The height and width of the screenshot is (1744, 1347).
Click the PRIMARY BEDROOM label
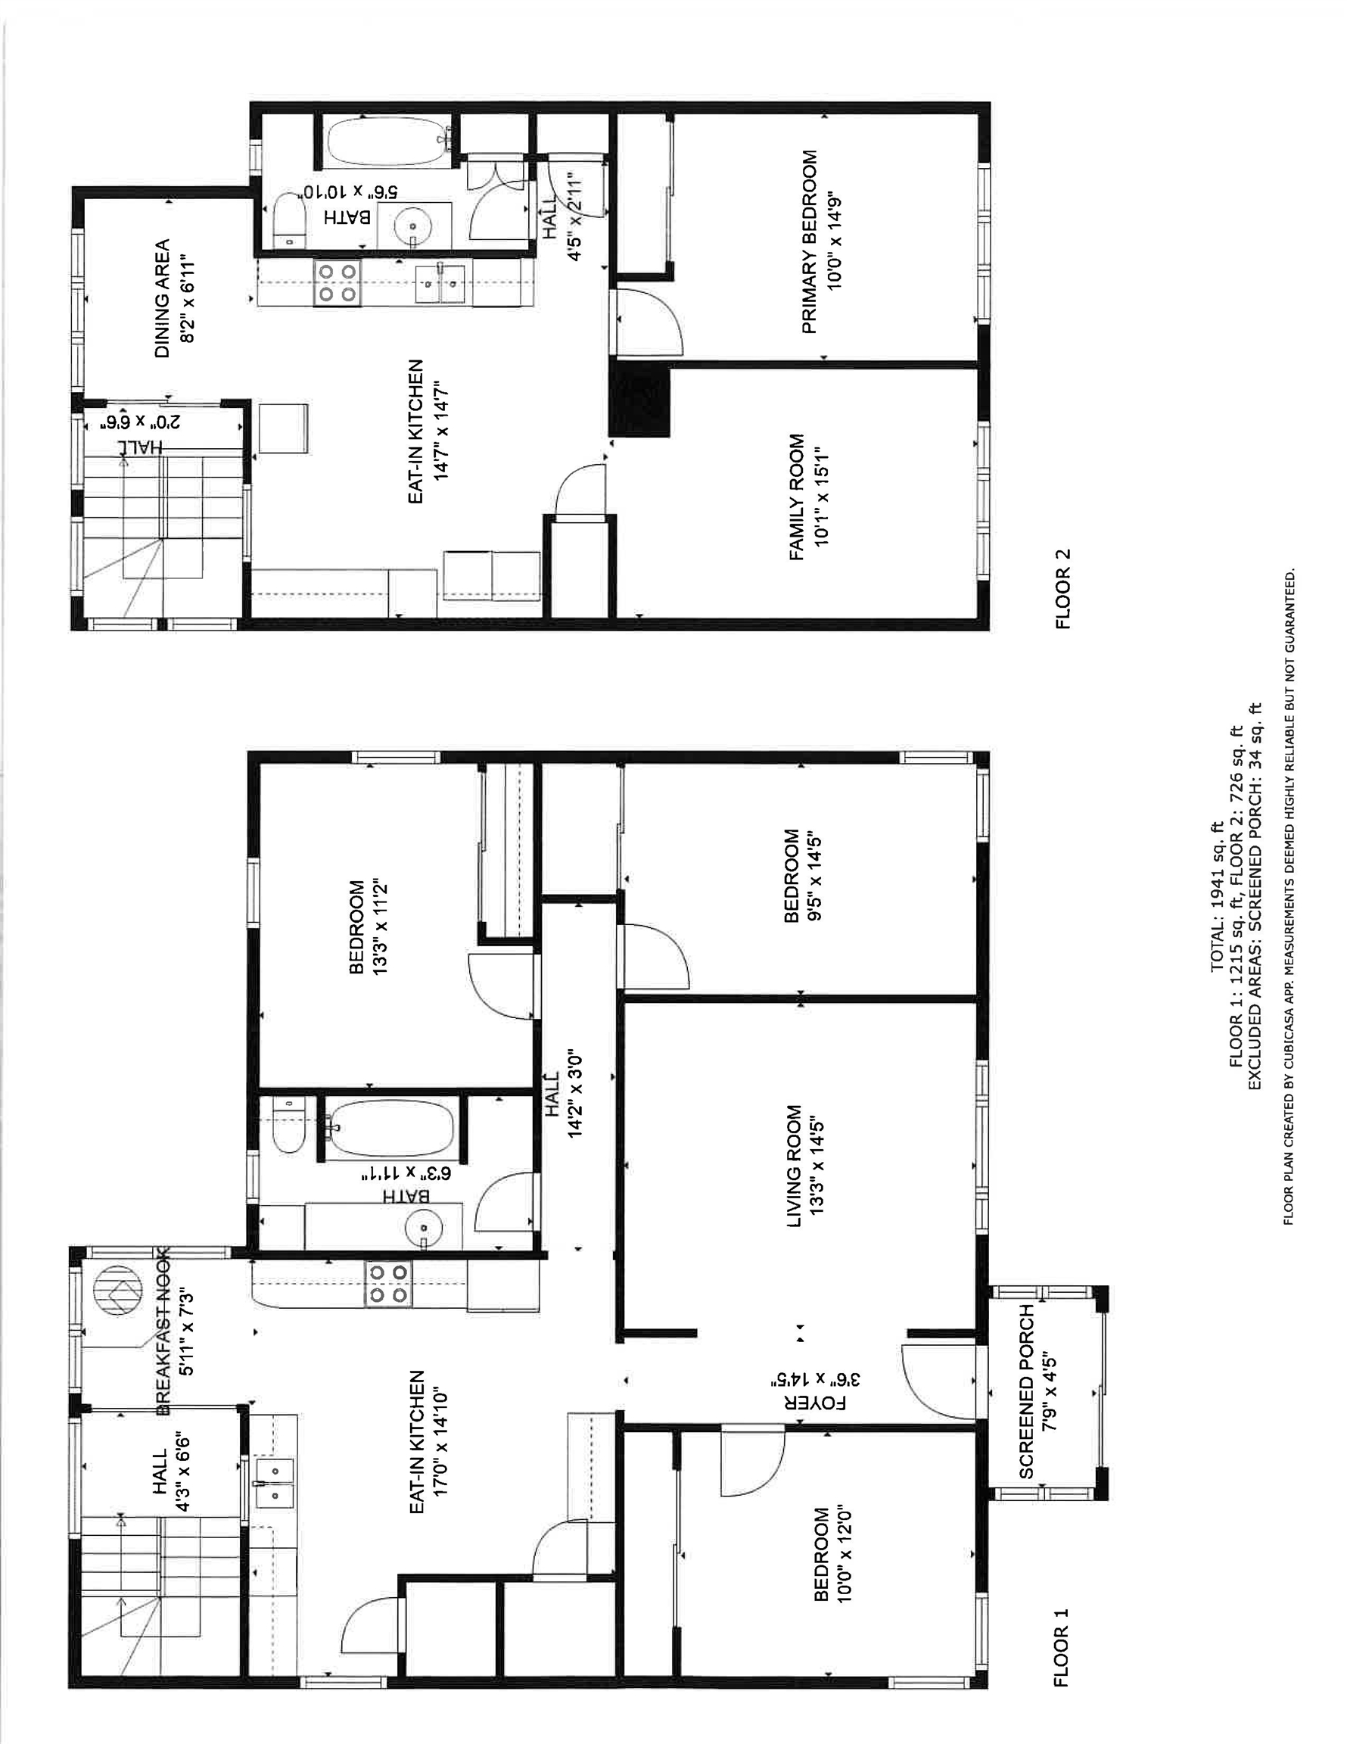pyautogui.click(x=809, y=242)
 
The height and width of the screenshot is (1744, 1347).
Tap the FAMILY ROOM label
pyautogui.click(x=797, y=497)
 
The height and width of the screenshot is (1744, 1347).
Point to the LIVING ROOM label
pyautogui.click(x=794, y=1166)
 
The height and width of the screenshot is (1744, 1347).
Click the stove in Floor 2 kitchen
pyautogui.click(x=337, y=284)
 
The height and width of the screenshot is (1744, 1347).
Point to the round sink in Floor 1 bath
pyautogui.click(x=423, y=1225)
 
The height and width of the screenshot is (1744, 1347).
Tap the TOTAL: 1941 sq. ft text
pyautogui.click(x=1217, y=897)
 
